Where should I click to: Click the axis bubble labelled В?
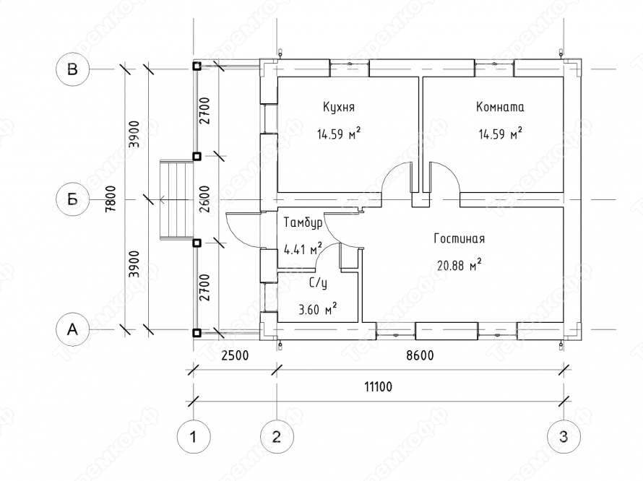[x=72, y=69]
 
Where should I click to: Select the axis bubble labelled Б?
[x=72, y=200]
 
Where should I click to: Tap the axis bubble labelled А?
[x=72, y=329]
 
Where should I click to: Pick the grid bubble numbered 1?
[x=193, y=437]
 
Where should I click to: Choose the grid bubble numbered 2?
[x=277, y=437]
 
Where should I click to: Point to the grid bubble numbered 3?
[x=564, y=437]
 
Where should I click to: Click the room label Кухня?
[x=339, y=108]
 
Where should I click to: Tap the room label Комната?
[x=500, y=107]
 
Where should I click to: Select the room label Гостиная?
[x=459, y=238]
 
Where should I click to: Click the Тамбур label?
[x=303, y=222]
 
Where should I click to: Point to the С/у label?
[x=318, y=283]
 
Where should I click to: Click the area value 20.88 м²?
[x=459, y=265]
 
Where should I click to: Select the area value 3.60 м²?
[x=318, y=309]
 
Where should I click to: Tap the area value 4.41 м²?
[x=303, y=248]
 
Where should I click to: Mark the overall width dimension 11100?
[x=378, y=386]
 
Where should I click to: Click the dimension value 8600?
[x=420, y=355]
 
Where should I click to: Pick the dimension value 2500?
[x=235, y=355]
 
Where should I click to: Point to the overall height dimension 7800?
[x=111, y=199]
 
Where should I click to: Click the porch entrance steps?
[x=176, y=200]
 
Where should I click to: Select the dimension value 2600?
[x=205, y=199]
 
